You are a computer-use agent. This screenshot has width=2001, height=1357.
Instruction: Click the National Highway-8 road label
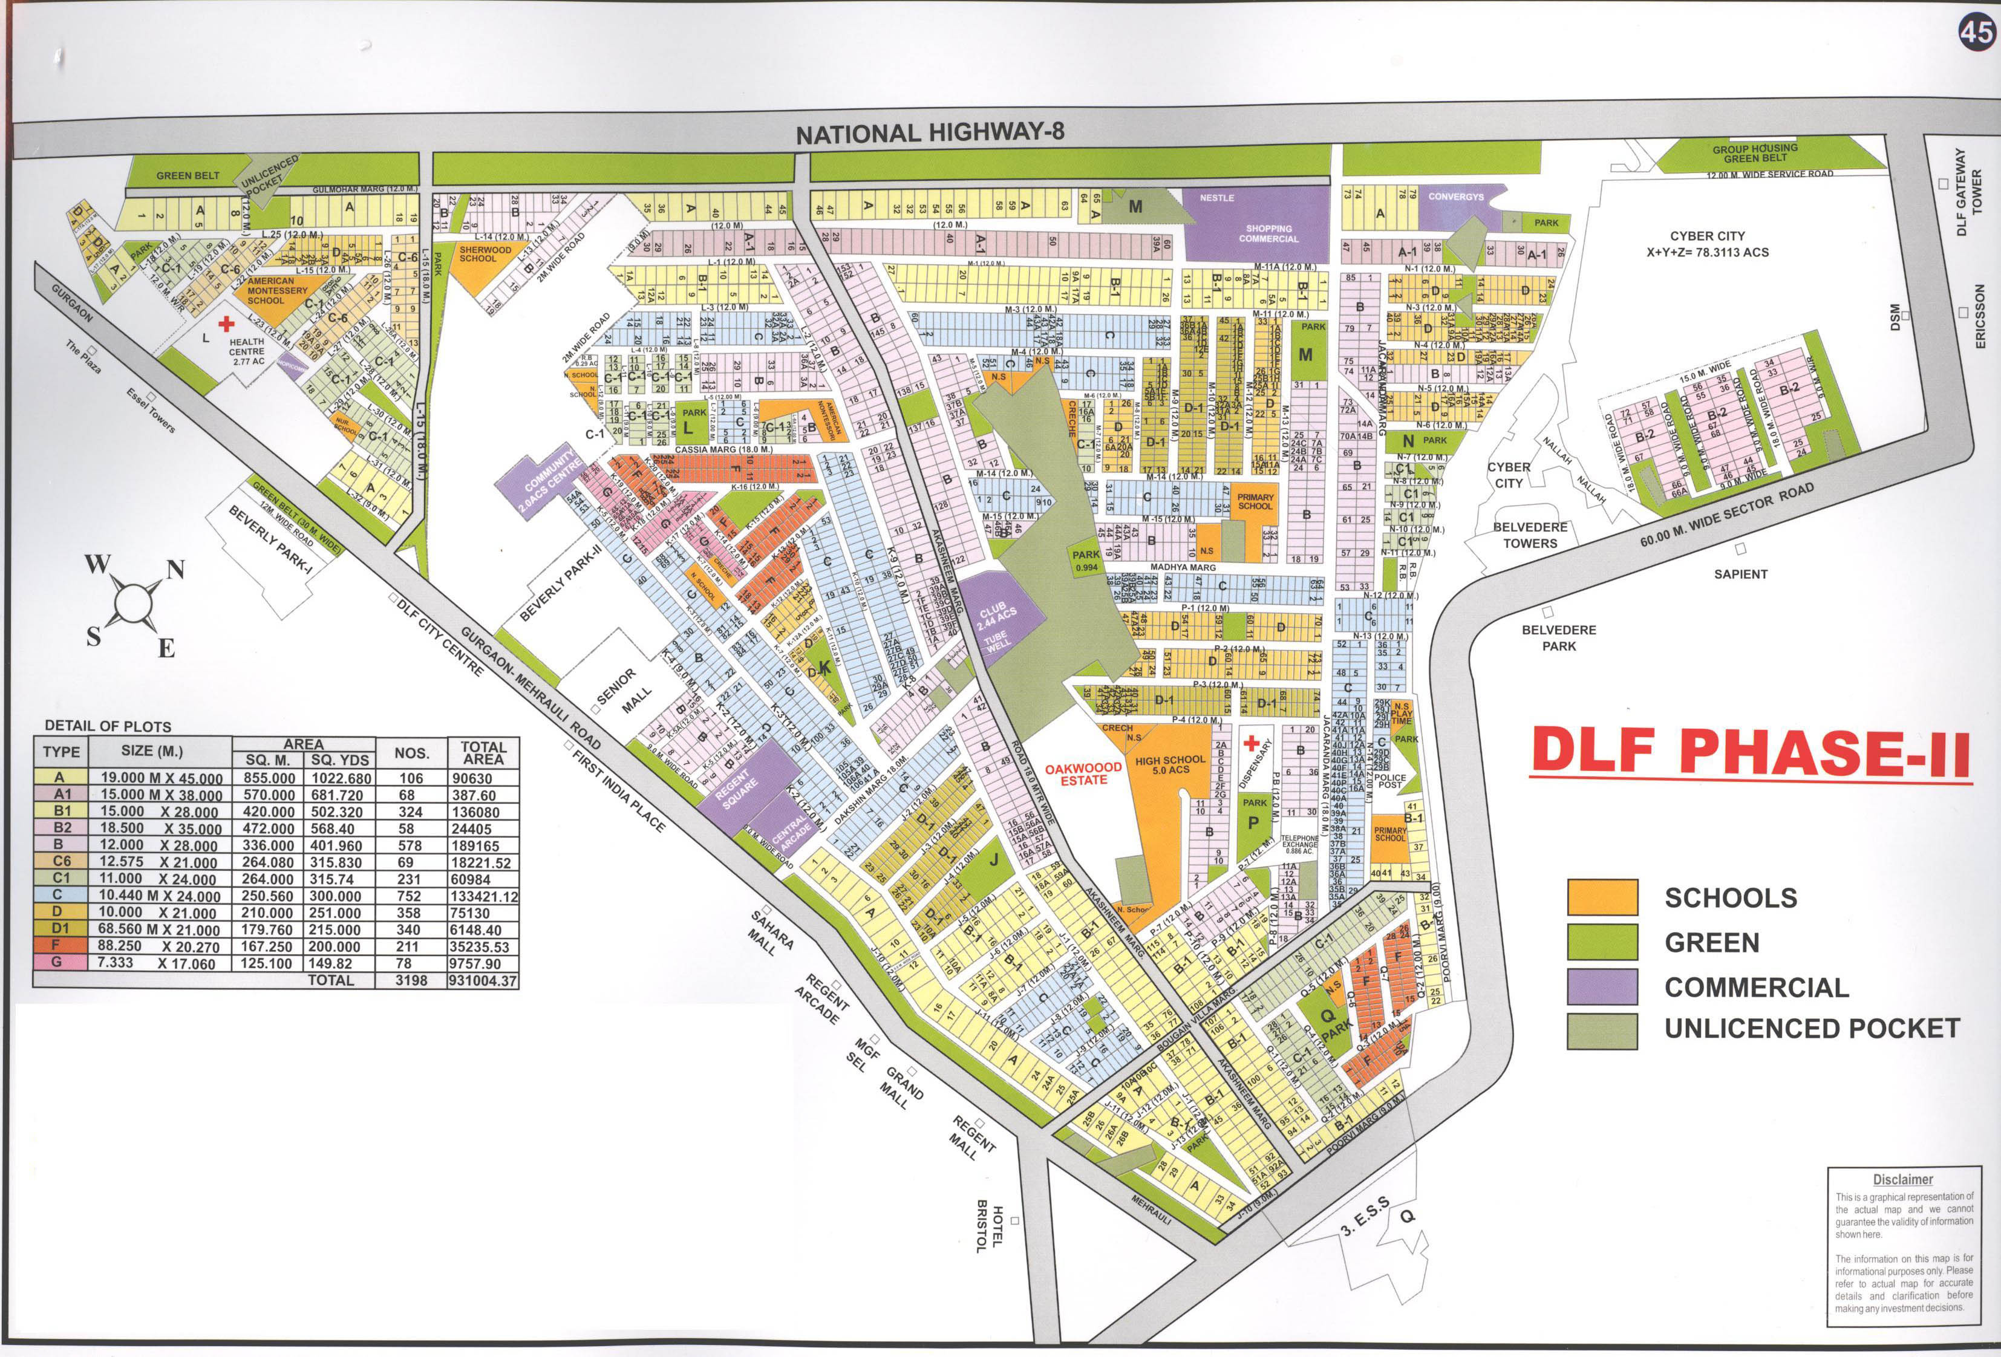pos(930,132)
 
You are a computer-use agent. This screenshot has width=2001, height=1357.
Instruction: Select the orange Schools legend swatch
pos(1602,897)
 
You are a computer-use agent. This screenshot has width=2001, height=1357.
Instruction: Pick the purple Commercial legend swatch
pos(1602,987)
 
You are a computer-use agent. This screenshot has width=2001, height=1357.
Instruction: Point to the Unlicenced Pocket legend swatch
pos(1602,1030)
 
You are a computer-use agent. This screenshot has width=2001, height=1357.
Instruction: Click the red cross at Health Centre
pos(226,324)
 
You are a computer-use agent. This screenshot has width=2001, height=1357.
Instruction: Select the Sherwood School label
pos(485,254)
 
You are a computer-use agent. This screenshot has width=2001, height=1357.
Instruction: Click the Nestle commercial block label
pos(1216,198)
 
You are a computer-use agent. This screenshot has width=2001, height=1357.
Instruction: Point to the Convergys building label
pos(1456,197)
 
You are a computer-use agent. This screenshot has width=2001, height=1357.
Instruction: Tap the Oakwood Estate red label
pos(1083,773)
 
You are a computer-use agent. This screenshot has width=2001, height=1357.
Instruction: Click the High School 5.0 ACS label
pos(1170,764)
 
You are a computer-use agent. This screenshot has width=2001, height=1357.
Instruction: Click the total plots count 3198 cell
pos(411,980)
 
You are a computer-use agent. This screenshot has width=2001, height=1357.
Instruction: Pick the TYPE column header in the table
pos(61,752)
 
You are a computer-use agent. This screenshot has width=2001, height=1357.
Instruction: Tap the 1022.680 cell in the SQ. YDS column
pos(341,778)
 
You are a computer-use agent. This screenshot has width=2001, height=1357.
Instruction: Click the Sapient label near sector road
pos(1740,573)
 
